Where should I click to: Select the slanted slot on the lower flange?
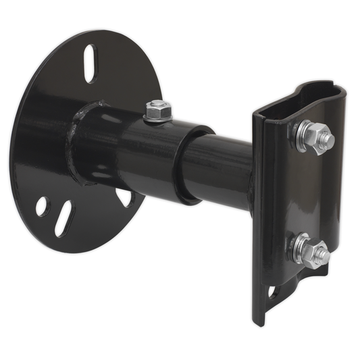tap(63, 218)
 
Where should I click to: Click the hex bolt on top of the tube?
tap(157, 107)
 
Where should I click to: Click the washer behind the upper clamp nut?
tap(300, 136)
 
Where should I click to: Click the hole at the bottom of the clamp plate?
tap(272, 292)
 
